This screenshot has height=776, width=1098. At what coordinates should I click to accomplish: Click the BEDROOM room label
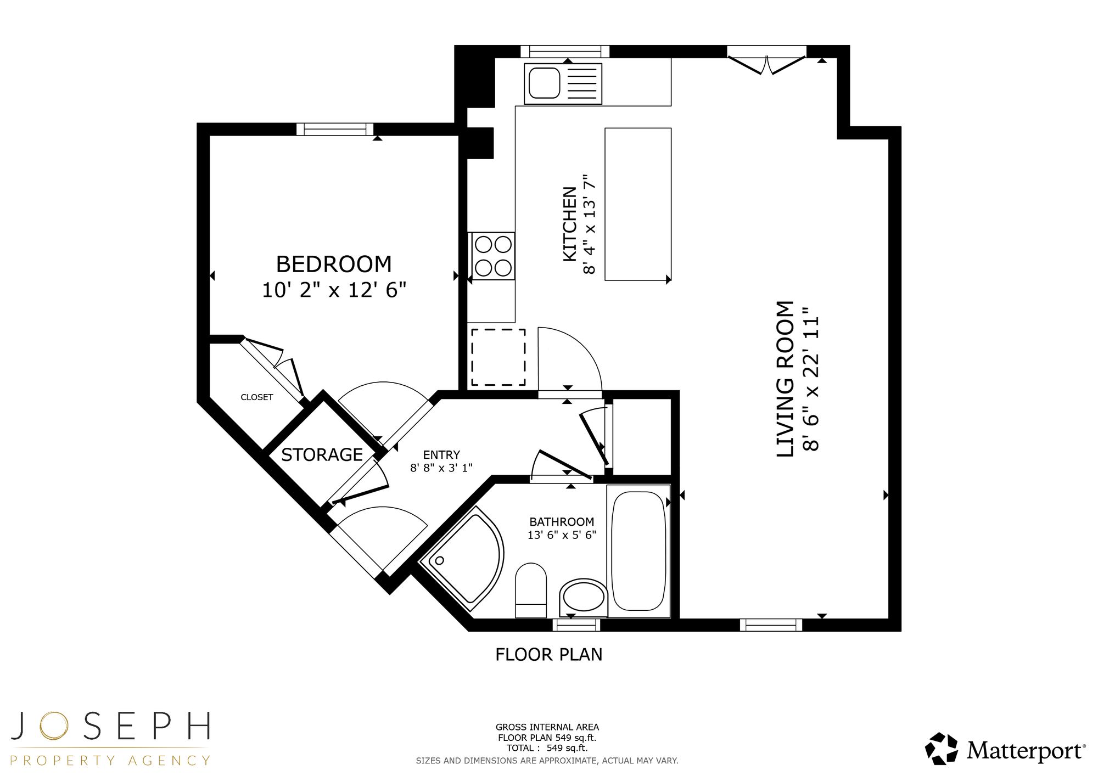coord(334,265)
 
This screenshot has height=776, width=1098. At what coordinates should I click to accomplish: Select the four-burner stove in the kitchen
coord(492,256)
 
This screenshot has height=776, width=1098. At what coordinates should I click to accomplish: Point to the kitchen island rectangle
coord(638,204)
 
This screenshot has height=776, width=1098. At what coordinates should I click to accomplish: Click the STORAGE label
coord(322,455)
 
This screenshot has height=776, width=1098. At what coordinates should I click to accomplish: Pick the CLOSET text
coord(256,397)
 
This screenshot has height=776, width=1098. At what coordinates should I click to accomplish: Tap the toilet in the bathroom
coord(531,590)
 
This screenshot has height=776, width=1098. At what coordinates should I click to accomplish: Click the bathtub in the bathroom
coord(638,551)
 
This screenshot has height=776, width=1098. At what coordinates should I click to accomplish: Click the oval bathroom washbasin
coord(584,598)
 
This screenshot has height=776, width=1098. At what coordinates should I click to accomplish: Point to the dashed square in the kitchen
coord(498,357)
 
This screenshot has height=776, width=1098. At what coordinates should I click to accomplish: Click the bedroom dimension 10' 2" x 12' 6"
coord(334,290)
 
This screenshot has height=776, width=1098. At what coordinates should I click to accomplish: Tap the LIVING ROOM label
coord(786,379)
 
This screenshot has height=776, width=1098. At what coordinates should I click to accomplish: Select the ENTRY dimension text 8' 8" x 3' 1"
coord(441,468)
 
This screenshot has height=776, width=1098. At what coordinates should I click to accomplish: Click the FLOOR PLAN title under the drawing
coord(549,655)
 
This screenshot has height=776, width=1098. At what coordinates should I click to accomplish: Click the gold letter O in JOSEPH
coord(53,726)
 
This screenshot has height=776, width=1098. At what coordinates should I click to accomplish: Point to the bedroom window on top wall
coord(335,130)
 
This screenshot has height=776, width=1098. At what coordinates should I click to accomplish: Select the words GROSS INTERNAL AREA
coord(547,727)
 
